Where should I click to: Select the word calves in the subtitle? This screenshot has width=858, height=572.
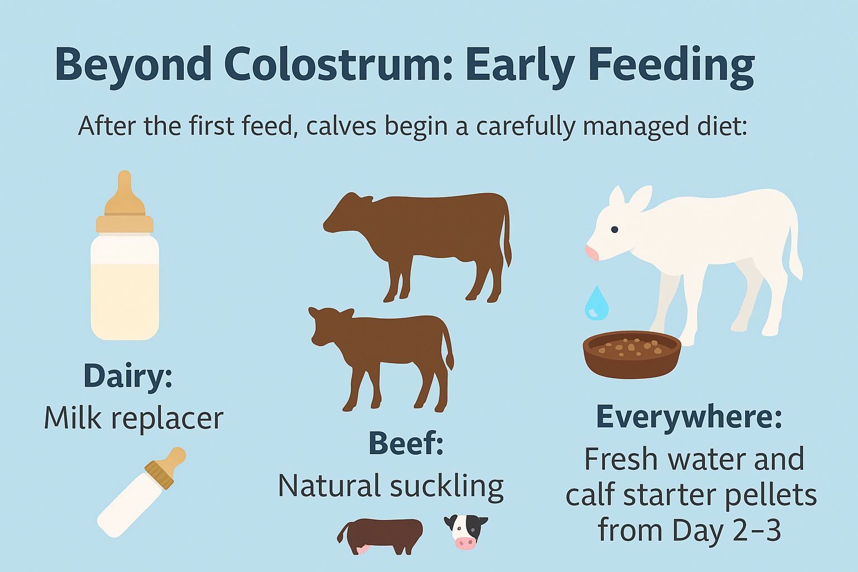coord(341,126)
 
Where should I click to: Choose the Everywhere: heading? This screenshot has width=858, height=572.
coord(689,418)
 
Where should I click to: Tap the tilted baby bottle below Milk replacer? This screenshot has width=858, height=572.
coord(141,493)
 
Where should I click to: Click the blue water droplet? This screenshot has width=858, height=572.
coord(597,303)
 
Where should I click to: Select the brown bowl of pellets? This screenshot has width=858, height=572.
coord(632,355)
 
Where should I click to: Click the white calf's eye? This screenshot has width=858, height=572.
coord(614,230)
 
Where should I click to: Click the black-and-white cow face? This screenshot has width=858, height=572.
coord(465,532)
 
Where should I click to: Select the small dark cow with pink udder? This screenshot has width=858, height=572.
coord(380,536)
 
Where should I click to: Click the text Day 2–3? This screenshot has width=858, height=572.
coord(726,531)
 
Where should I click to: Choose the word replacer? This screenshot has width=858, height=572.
coord(168,420)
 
